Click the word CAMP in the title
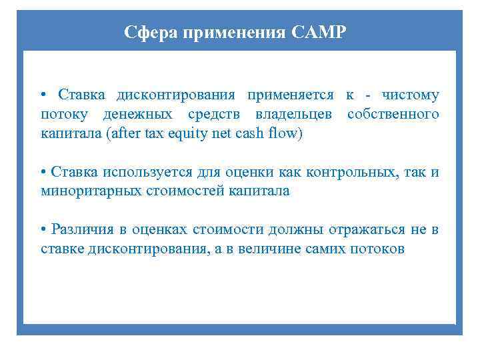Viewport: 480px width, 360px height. pyautogui.click(x=319, y=32)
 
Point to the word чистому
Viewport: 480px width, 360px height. pyautogui.click(x=411, y=95)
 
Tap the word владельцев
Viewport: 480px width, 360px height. pyautogui.click(x=296, y=115)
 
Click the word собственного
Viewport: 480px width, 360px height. pyautogui.click(x=393, y=115)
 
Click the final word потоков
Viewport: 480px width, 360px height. pyautogui.click(x=378, y=249)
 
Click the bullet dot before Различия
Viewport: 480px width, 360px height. pyautogui.click(x=43, y=231)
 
